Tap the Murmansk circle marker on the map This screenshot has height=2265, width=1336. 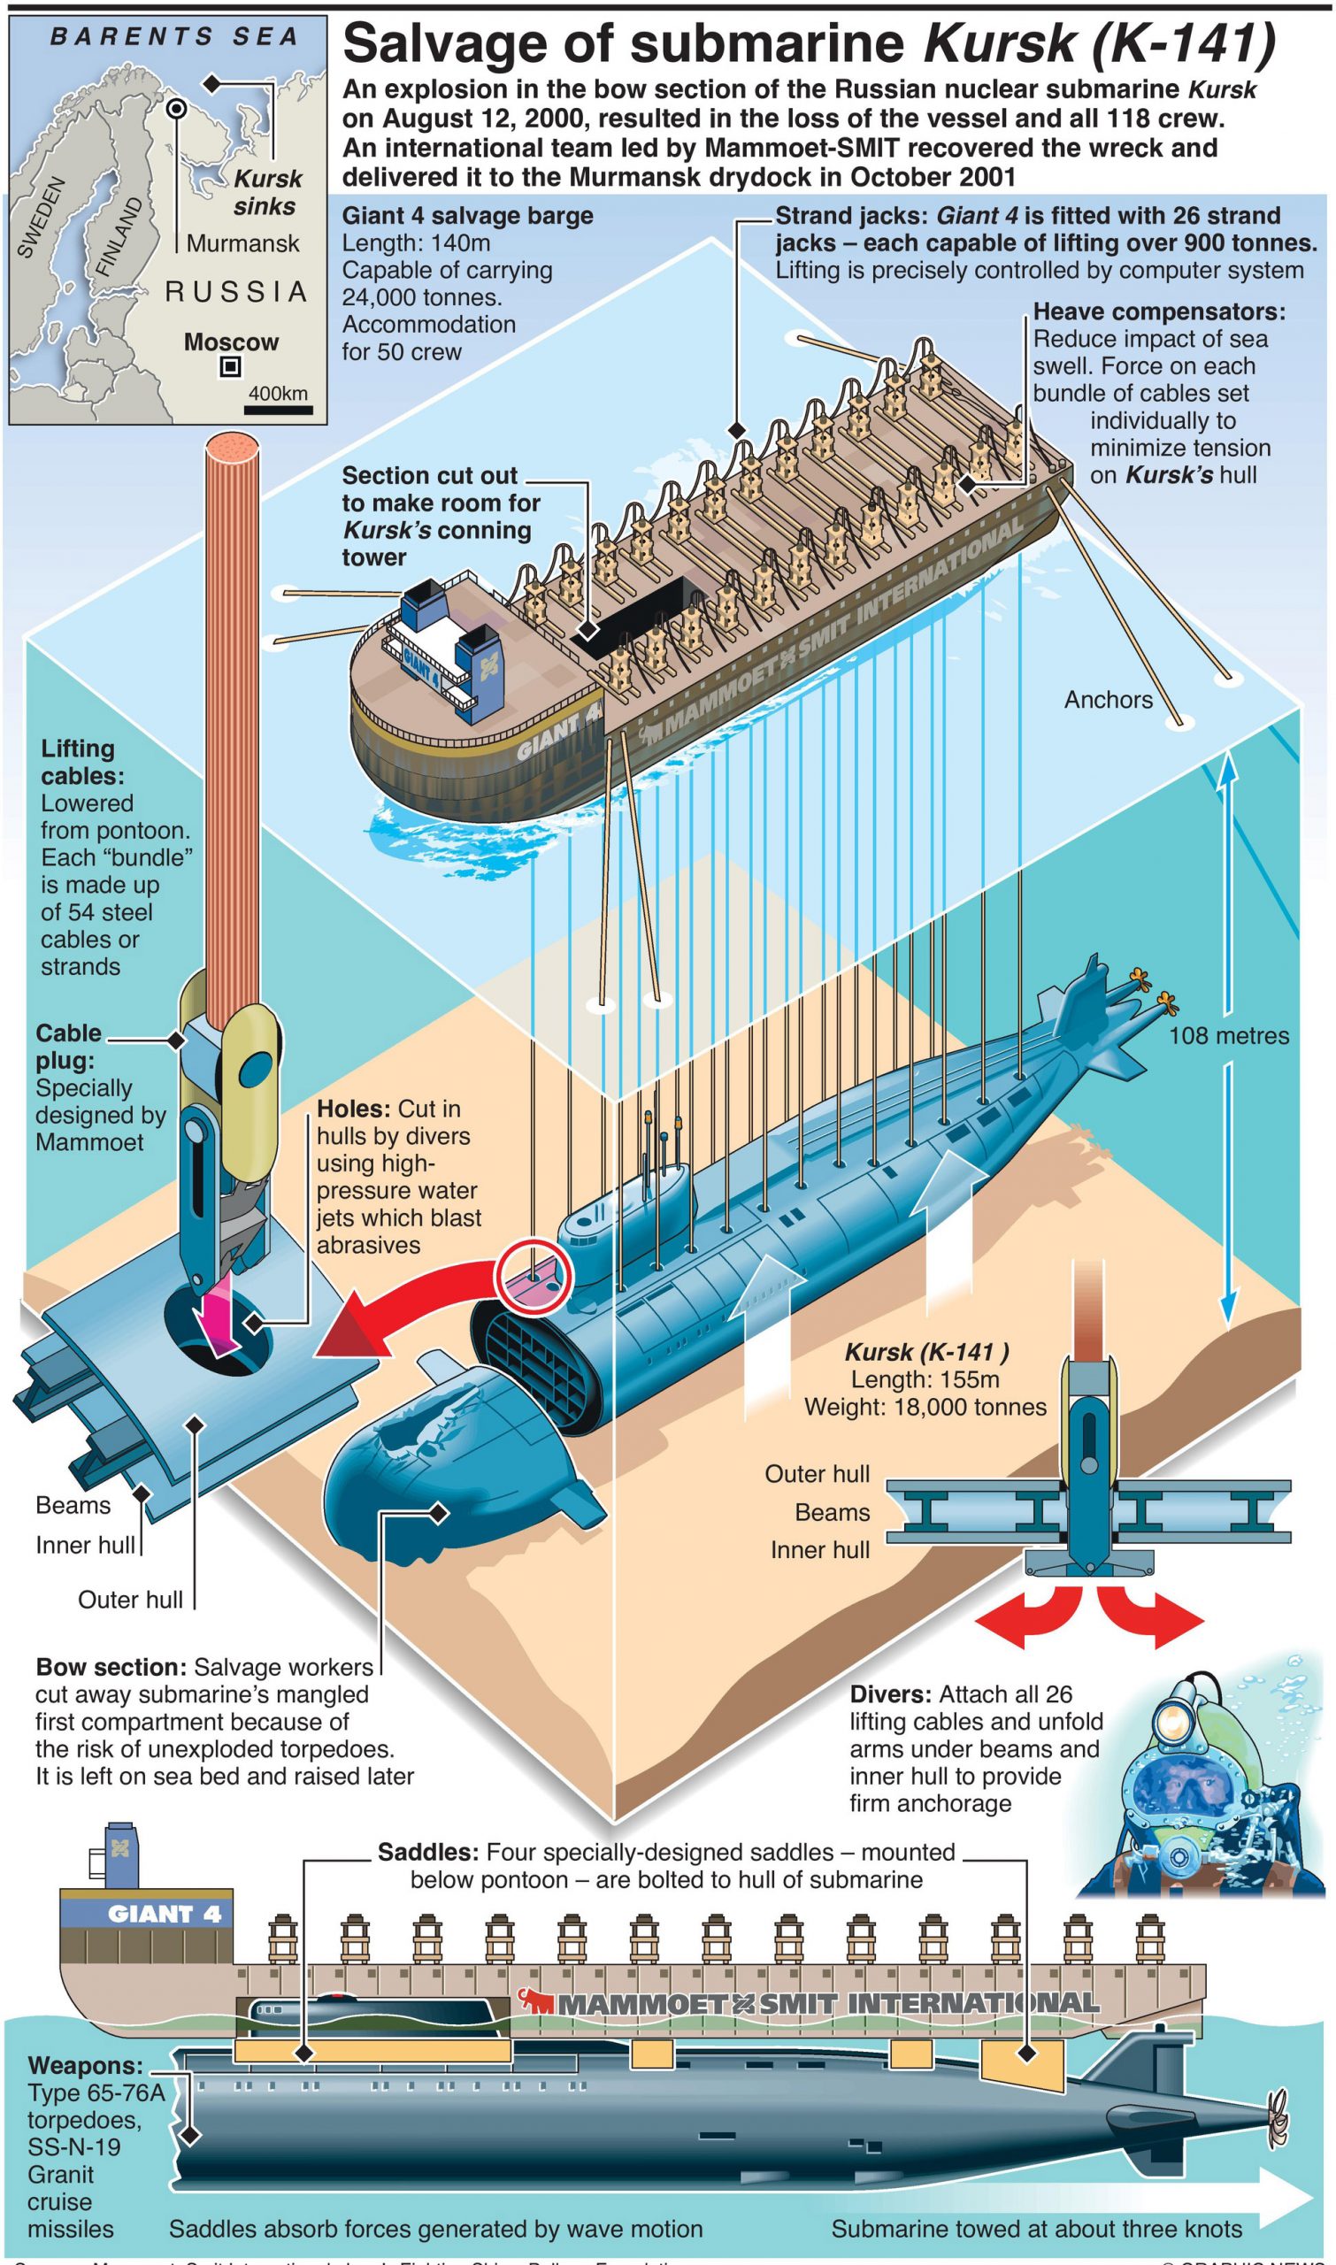pos(177,109)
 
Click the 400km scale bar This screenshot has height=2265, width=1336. pos(278,411)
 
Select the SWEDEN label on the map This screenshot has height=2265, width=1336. pos(41,217)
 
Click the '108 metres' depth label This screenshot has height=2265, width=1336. pos(1228,1035)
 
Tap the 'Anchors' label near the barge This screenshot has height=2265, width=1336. pos(1108,700)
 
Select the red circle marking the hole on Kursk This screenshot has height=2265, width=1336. pos(534,1277)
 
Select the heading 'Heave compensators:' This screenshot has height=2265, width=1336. pos(1159,311)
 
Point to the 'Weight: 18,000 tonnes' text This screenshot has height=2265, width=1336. pos(925,1407)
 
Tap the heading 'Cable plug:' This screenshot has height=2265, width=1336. pos(67,1046)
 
